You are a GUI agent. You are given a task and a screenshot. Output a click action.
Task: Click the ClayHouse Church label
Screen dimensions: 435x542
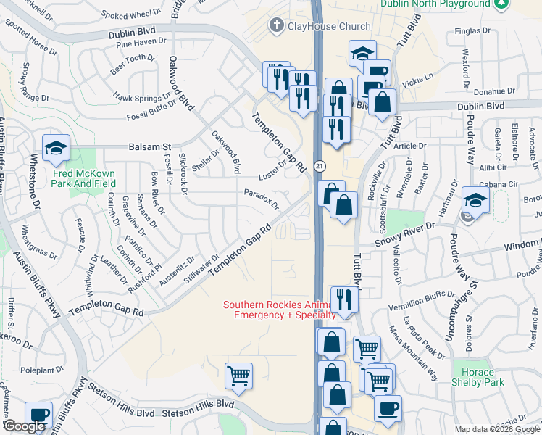[320, 27]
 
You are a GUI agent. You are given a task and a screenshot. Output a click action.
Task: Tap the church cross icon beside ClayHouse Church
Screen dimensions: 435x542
[275, 27]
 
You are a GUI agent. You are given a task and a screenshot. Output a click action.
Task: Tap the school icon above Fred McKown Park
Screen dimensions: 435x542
[55, 148]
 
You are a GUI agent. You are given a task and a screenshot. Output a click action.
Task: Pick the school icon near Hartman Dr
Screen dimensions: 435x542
[475, 200]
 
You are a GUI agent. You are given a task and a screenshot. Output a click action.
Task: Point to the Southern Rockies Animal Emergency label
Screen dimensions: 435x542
[280, 310]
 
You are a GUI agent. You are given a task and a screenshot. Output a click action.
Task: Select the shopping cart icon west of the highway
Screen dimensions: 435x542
[238, 376]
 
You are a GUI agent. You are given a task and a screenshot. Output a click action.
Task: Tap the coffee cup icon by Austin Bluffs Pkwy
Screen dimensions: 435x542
[39, 415]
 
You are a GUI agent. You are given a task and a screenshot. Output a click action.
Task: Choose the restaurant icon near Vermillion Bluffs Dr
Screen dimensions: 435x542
[344, 299]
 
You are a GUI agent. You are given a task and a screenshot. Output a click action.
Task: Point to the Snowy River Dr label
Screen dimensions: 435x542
[404, 226]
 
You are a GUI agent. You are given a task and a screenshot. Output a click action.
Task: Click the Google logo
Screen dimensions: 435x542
[24, 426]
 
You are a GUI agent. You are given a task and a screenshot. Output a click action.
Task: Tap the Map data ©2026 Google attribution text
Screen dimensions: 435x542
[496, 429]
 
